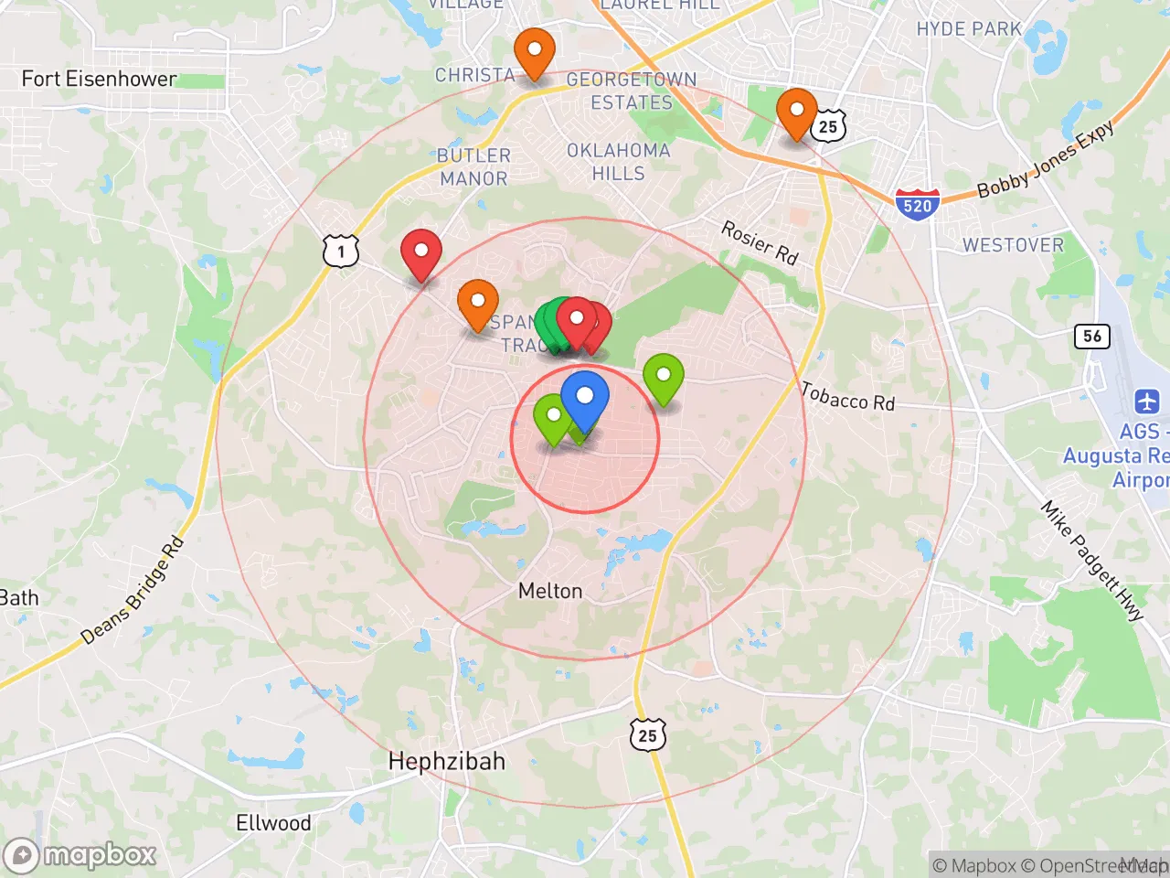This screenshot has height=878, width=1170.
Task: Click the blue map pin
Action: (x=585, y=398)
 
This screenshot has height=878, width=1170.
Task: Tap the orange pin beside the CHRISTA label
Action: (x=535, y=51)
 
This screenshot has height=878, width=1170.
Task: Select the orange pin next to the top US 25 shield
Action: (x=796, y=112)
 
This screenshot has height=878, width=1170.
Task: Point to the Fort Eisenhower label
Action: (x=99, y=79)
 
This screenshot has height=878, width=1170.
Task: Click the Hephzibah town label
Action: (x=446, y=761)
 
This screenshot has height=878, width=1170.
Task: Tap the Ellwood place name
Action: (x=273, y=823)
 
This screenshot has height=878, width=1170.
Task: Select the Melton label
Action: (x=550, y=591)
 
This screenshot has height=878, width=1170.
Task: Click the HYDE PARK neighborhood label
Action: (x=969, y=29)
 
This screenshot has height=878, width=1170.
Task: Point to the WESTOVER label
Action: (x=1013, y=245)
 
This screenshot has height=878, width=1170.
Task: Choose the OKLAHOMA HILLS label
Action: (x=619, y=162)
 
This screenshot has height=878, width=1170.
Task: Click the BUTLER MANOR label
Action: (x=473, y=166)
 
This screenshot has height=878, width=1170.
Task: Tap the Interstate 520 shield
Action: (x=917, y=203)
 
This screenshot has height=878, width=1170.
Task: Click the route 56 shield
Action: (x=1092, y=336)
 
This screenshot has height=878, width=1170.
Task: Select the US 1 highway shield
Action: (x=341, y=251)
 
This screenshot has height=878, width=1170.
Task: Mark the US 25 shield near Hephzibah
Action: (x=647, y=734)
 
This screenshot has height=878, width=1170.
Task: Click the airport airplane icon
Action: (x=1146, y=401)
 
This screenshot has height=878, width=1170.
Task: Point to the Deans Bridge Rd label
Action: (x=133, y=592)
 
